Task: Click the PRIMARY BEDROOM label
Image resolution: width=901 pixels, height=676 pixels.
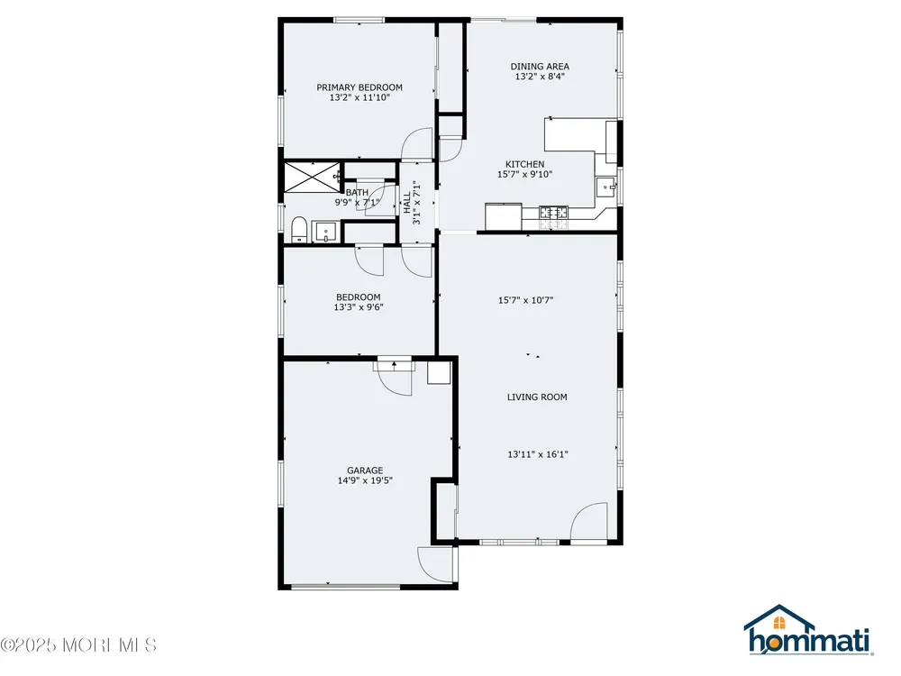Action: (359, 87)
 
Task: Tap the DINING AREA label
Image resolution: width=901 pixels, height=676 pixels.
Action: (540, 66)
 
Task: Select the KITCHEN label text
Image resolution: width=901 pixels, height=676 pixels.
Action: (524, 164)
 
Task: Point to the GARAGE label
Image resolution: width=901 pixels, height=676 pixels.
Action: (365, 470)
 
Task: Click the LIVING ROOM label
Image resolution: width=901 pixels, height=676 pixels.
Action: (537, 397)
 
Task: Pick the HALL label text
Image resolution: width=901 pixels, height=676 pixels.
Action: (407, 203)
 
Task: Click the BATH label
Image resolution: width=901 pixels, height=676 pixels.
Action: (357, 193)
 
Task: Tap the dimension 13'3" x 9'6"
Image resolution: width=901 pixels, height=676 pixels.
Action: (359, 307)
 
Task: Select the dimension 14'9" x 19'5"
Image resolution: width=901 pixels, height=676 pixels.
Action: (365, 480)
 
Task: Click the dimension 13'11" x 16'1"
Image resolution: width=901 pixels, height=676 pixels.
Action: (537, 454)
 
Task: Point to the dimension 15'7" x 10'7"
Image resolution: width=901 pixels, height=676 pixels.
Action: (525, 299)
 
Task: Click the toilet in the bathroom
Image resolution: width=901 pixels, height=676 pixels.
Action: (298, 229)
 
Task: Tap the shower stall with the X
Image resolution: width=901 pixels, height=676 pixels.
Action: (312, 177)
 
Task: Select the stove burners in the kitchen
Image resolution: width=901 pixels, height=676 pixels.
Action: (553, 212)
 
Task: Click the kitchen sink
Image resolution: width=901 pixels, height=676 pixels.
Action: (605, 187)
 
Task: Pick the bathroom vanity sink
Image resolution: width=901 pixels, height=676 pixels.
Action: (325, 232)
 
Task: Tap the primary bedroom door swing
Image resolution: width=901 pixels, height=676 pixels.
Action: (416, 143)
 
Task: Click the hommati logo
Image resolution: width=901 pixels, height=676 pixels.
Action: (809, 630)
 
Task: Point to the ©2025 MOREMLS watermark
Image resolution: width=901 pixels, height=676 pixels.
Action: (78, 644)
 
